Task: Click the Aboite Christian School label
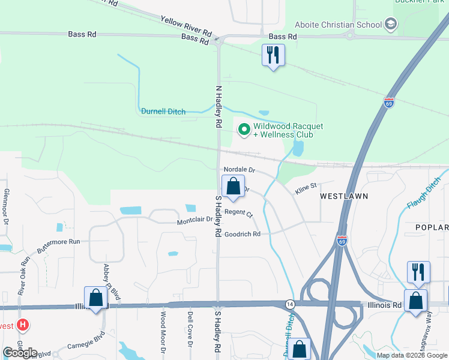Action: [x=338, y=25]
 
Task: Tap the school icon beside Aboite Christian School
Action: [x=391, y=24]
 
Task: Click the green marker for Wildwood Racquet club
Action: [x=244, y=129]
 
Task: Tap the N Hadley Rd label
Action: [x=218, y=107]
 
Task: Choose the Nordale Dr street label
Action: [x=240, y=170]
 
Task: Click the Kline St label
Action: [x=305, y=189]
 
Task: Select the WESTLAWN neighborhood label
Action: [x=343, y=196]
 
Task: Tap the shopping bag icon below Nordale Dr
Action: [x=233, y=187]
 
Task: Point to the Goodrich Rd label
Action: [x=243, y=234]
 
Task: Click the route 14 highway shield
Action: [x=290, y=304]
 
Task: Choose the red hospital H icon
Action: [x=23, y=326]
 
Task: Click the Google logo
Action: [x=20, y=352]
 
